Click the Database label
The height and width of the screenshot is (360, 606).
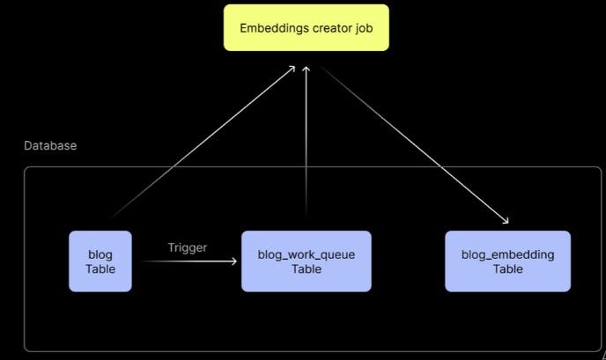[x=50, y=145]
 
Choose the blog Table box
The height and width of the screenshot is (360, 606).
[x=100, y=261]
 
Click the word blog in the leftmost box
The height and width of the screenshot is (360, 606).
[x=100, y=254]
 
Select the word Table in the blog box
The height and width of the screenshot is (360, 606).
[x=100, y=268]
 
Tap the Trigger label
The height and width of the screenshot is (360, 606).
[x=188, y=247]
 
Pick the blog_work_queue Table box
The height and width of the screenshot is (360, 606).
[x=306, y=261]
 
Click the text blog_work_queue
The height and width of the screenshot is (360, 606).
[x=306, y=254]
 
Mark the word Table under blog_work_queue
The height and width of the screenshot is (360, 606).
[x=306, y=268]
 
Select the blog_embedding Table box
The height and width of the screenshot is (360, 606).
[x=507, y=261]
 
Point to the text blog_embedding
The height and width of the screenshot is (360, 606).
[x=507, y=254]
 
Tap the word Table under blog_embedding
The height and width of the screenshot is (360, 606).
[x=507, y=268]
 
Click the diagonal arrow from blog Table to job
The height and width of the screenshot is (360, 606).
[x=203, y=141]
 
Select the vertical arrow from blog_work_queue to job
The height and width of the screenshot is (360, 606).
[x=306, y=141]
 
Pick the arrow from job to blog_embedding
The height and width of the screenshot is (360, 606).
[x=414, y=145]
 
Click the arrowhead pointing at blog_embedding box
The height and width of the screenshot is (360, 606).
[x=505, y=221]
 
